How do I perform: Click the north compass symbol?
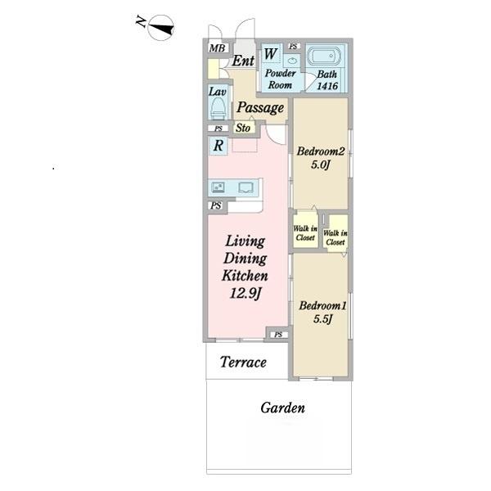pyautogui.click(x=160, y=28)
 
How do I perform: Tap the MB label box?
pyautogui.click(x=218, y=48)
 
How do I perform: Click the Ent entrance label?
pyautogui.click(x=243, y=61)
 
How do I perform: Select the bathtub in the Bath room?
pyautogui.click(x=326, y=56)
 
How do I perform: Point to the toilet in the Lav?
pyautogui.click(x=218, y=108)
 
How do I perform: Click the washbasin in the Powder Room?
pyautogui.click(x=292, y=61)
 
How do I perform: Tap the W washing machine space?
pyautogui.click(x=272, y=54)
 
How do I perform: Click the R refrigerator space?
pyautogui.click(x=218, y=146)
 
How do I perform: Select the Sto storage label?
pyautogui.click(x=243, y=128)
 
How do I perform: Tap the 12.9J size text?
pyautogui.click(x=245, y=294)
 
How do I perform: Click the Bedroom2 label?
pyautogui.click(x=320, y=151)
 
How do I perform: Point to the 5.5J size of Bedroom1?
pyautogui.click(x=322, y=319)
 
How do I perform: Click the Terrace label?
pyautogui.click(x=243, y=363)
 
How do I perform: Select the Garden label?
pyautogui.click(x=283, y=408)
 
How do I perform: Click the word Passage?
pyautogui.click(x=260, y=107)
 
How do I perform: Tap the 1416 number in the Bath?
pyautogui.click(x=327, y=85)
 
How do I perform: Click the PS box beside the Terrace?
pyautogui.click(x=278, y=335)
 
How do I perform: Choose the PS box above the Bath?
pyautogui.click(x=294, y=47)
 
